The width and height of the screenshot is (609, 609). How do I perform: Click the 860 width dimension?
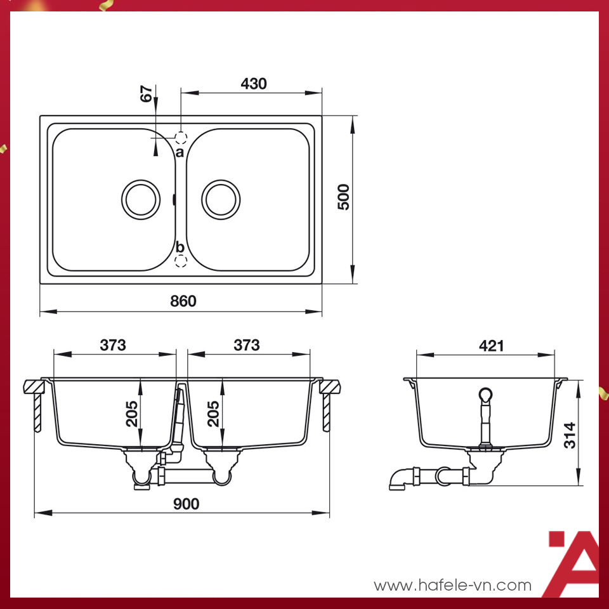183,301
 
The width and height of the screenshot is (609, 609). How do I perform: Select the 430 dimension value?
254,84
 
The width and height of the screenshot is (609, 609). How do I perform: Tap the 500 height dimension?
343,197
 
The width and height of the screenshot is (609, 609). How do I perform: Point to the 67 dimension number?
147,95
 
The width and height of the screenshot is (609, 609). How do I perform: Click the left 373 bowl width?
113,344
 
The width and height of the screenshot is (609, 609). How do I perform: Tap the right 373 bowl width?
247,344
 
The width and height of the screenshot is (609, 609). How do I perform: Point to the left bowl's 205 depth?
131,413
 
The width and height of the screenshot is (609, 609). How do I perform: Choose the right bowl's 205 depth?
213,413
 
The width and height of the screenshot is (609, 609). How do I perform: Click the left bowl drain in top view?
141,199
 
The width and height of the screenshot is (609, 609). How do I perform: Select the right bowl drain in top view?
221,199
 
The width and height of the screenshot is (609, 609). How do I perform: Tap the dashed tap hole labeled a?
181,137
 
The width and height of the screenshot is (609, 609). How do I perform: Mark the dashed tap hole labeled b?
181,261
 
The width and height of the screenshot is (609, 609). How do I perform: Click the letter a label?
180,152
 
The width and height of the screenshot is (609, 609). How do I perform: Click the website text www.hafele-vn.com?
452,585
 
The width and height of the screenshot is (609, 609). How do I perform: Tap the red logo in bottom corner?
573,563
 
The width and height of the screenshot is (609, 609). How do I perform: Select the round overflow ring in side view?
486,395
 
